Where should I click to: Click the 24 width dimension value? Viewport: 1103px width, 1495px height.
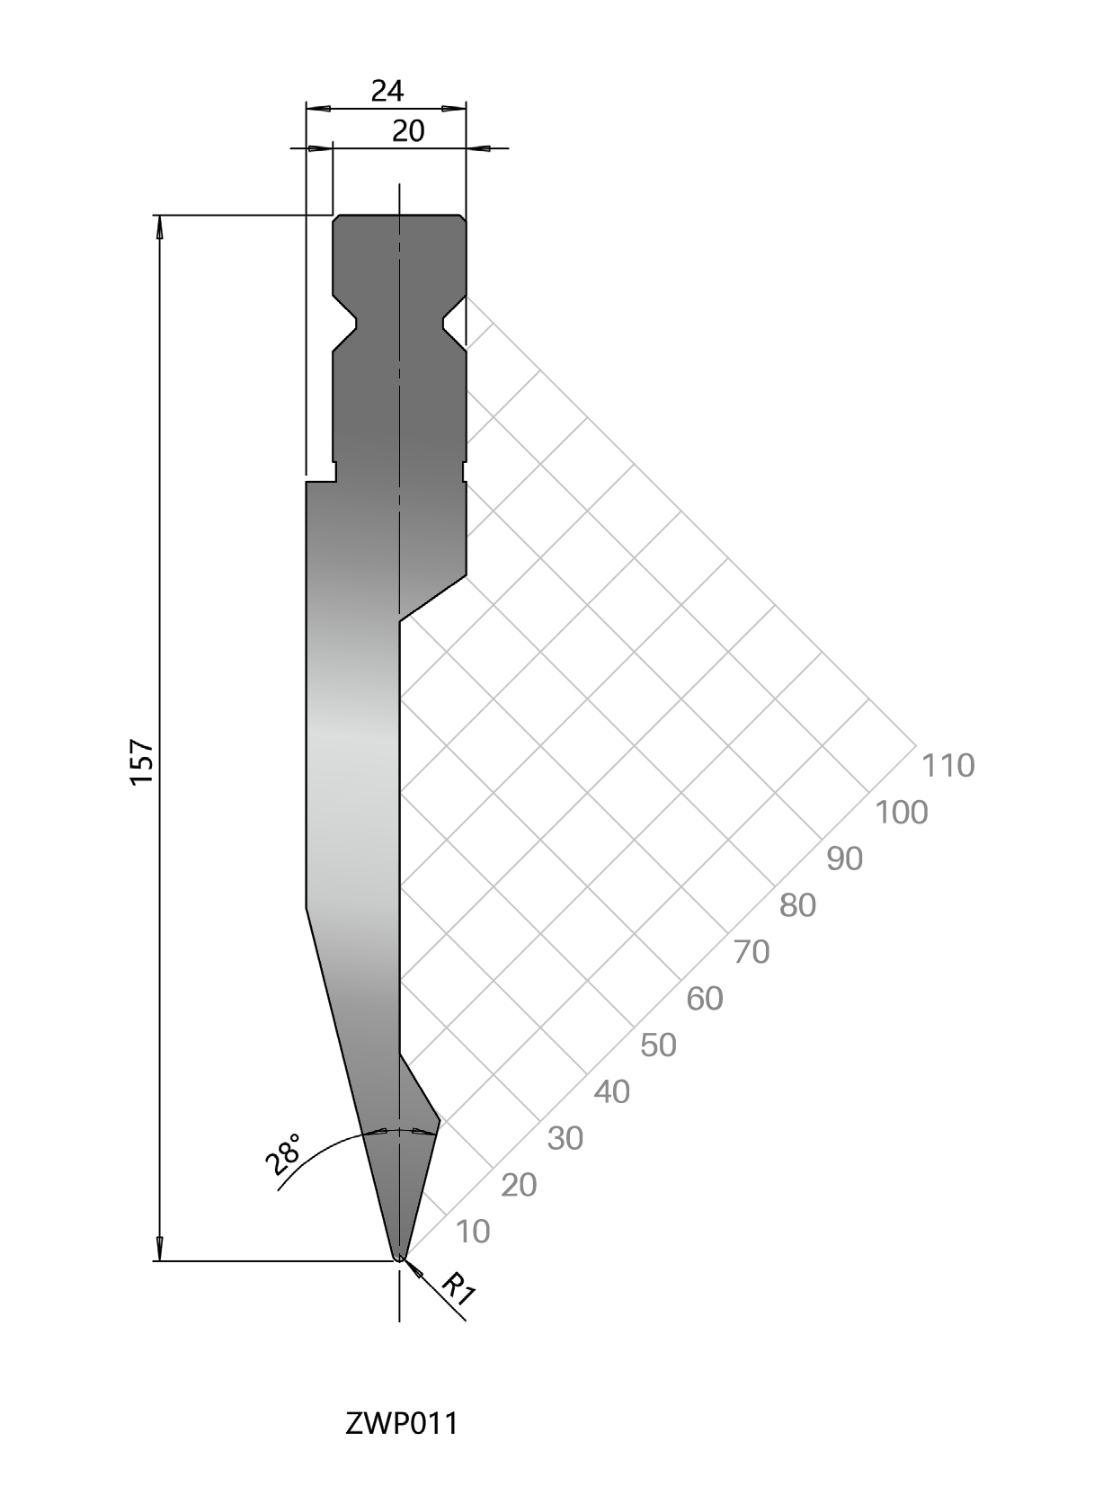tap(387, 91)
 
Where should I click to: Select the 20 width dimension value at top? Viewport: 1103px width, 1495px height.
tap(408, 131)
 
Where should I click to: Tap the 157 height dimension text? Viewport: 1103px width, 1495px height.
tap(143, 761)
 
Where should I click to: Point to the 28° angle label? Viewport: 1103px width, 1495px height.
tap(283, 1154)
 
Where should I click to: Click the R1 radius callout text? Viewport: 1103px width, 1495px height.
tap(459, 1289)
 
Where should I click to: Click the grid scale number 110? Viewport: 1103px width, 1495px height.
tap(947, 766)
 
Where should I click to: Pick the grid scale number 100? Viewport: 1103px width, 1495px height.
tap(902, 812)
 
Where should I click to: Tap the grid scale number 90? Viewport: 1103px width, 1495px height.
tap(845, 859)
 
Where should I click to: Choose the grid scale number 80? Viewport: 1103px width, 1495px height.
tap(797, 905)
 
